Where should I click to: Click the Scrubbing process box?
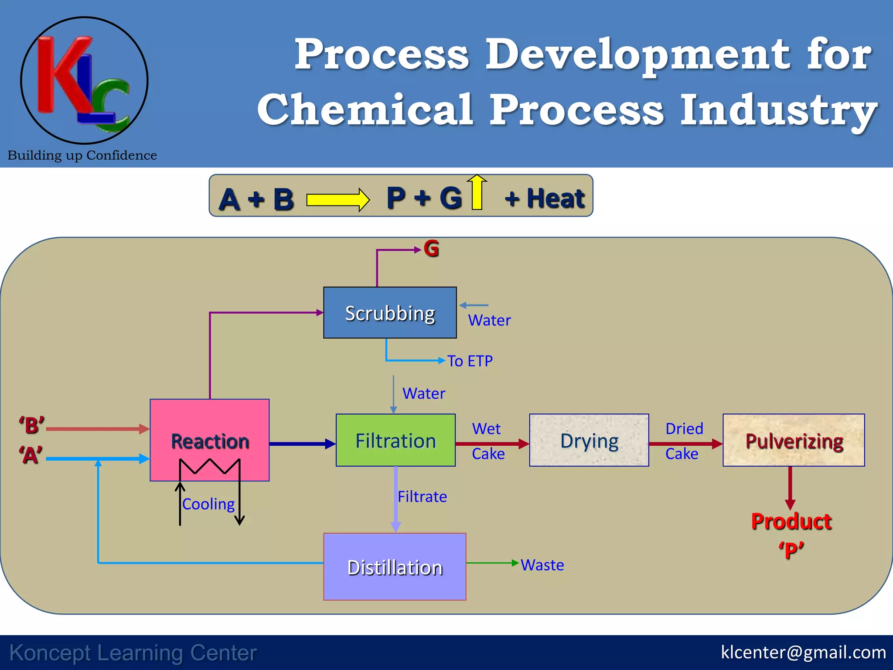(390, 313)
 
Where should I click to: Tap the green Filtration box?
(395, 441)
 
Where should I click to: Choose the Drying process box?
(589, 441)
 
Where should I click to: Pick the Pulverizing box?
(794, 441)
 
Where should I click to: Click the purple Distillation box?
(395, 567)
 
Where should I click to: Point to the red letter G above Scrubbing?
(431, 249)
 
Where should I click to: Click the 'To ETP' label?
(470, 361)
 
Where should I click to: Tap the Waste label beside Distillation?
(542, 565)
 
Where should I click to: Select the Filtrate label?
(422, 497)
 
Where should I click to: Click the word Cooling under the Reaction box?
(208, 504)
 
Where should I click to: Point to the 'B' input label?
(32, 425)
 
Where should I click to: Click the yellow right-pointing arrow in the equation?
(338, 200)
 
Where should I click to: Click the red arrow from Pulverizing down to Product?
(790, 488)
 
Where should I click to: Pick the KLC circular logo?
(84, 81)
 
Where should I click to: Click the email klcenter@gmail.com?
(803, 652)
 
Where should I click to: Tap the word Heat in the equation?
(556, 198)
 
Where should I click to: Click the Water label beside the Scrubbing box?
(489, 321)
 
